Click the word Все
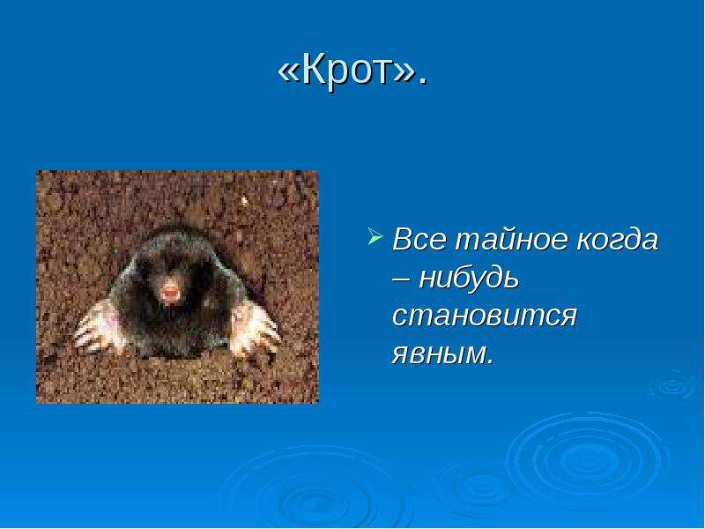tap(420, 239)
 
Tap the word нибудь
tap(469, 277)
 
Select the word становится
tap(484, 317)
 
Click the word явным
tap(439, 354)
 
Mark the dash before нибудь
tap(401, 279)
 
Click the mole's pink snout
tap(170, 293)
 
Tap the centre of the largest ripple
tap(586, 459)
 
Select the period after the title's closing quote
tap(421, 82)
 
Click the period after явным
tap(490, 361)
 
